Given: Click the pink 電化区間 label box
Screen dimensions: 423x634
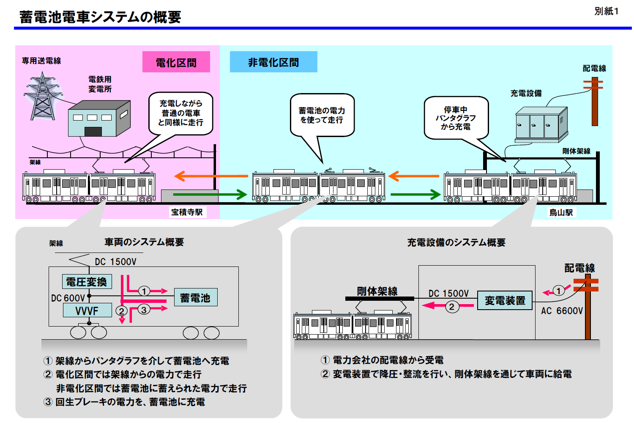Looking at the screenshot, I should click(176, 62).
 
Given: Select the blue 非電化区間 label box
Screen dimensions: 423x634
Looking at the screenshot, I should click(273, 62).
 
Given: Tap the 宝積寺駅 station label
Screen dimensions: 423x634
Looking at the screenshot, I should click(187, 212).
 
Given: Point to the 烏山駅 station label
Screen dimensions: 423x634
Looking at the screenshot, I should click(561, 212).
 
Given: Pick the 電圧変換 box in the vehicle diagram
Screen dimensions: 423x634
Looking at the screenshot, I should click(87, 282).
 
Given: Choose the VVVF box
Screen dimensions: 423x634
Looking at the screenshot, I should click(87, 310).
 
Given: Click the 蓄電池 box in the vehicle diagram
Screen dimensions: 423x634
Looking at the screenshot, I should click(195, 297).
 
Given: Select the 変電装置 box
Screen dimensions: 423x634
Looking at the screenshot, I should click(505, 300).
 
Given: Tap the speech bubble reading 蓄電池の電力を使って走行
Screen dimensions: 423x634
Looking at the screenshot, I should click(322, 115).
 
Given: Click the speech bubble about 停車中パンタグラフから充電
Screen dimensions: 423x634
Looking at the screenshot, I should click(456, 118).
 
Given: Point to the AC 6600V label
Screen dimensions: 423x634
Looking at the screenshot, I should click(562, 311).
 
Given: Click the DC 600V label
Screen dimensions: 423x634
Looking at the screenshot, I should click(68, 298).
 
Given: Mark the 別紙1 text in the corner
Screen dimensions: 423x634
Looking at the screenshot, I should click(606, 11).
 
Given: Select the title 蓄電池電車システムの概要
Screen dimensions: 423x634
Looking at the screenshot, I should click(100, 17).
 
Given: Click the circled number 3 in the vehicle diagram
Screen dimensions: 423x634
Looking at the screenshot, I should click(144, 310).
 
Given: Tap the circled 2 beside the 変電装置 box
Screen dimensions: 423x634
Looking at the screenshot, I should click(451, 306).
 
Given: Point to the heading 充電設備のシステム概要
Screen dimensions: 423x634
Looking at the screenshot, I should click(456, 242).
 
